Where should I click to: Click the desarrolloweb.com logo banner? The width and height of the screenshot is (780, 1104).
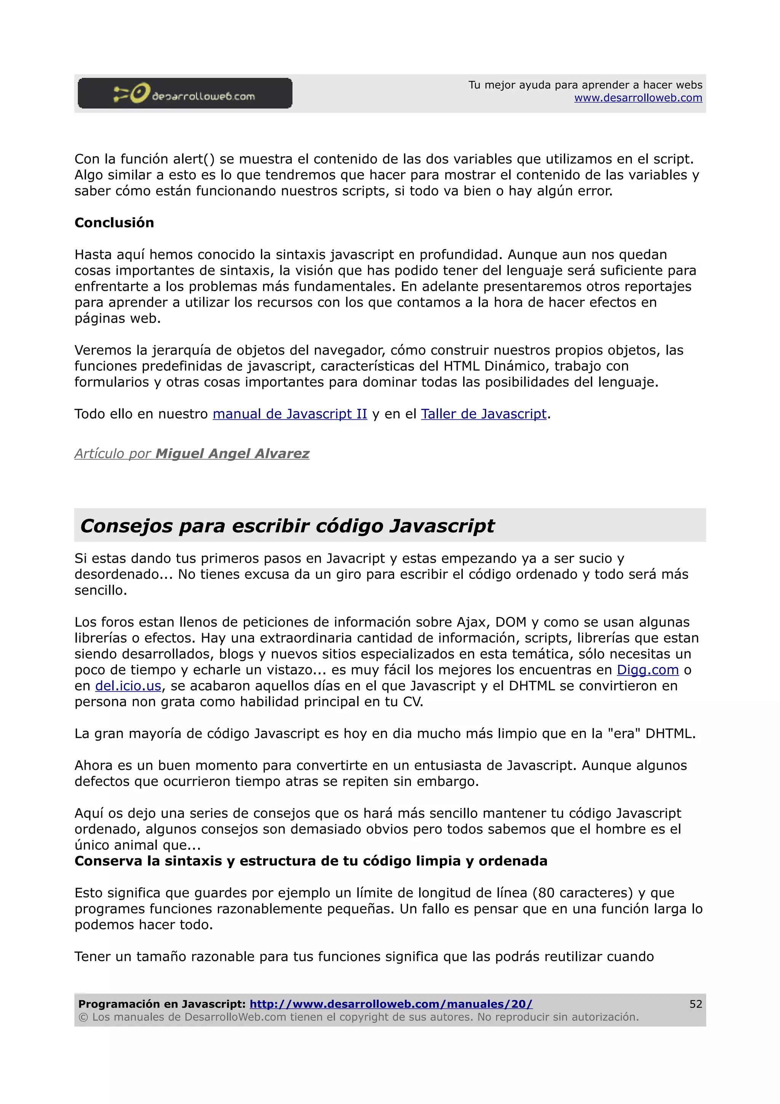(x=185, y=93)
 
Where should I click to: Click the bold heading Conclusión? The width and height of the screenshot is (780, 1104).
(x=114, y=222)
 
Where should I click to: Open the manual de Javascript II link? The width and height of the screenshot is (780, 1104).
(x=290, y=414)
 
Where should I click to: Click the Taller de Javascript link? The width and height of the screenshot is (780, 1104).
(x=483, y=414)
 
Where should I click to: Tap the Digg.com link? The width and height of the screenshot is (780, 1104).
(x=647, y=670)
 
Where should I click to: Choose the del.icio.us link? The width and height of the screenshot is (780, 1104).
(x=128, y=686)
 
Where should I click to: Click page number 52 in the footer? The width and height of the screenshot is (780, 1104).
(x=695, y=1004)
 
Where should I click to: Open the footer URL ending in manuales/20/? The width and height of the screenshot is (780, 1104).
(x=391, y=1004)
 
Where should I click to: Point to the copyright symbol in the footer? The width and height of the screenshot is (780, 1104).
(x=83, y=1017)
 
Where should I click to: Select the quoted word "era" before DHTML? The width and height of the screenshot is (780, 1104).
(x=625, y=734)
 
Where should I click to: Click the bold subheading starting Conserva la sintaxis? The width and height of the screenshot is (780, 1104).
(x=310, y=861)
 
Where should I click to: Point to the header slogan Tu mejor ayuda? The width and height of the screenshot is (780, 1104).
(x=585, y=85)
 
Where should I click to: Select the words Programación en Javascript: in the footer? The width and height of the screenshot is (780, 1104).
(x=162, y=1004)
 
